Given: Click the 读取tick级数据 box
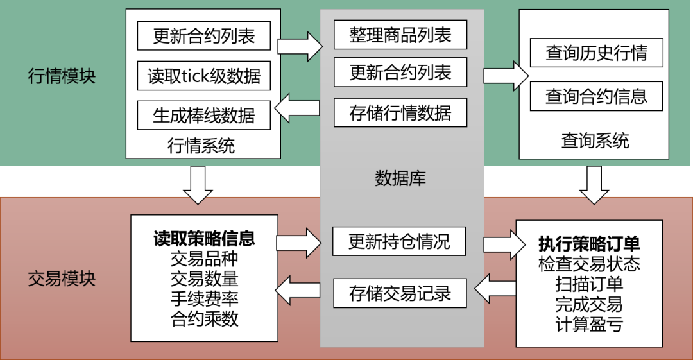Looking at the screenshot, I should (x=203, y=76).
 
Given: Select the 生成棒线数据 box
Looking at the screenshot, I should (x=203, y=115).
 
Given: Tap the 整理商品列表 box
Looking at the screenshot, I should (x=400, y=35).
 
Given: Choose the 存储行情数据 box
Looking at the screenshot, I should (x=400, y=113).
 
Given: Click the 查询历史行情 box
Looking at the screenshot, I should (x=596, y=53).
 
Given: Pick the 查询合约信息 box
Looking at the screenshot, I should (x=596, y=96).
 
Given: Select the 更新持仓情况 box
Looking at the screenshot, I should (x=399, y=241).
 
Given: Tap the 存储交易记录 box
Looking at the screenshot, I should (x=400, y=293).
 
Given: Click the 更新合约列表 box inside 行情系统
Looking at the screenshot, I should (x=203, y=36).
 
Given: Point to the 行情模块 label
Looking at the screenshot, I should (x=62, y=76).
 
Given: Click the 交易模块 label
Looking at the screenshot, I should (x=62, y=279).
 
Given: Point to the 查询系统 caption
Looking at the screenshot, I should (x=595, y=141).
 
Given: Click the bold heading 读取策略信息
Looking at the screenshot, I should (x=204, y=239).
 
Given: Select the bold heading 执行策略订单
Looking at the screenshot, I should (x=589, y=244).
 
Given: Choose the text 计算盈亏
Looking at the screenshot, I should (x=589, y=324).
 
